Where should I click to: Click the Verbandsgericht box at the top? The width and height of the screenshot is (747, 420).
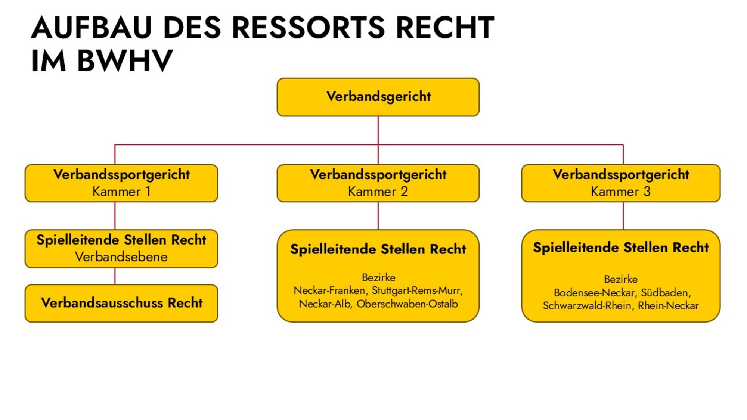[378, 97]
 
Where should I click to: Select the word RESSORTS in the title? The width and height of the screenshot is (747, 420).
[308, 28]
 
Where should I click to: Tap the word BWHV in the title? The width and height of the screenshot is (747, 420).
[125, 60]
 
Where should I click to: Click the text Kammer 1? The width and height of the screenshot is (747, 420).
[121, 192]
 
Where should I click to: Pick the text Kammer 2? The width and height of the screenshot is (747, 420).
[378, 192]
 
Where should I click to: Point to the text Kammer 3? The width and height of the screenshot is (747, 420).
[620, 192]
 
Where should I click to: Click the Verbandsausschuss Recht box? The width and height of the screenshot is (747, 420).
[121, 303]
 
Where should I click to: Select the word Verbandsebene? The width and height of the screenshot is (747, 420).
[121, 257]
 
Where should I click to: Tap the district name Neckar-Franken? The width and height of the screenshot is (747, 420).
[329, 290]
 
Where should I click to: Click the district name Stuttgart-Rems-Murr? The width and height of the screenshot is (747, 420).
[417, 290]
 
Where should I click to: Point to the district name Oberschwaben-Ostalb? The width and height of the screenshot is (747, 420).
[407, 304]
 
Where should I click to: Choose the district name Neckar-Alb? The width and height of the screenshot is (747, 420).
[325, 304]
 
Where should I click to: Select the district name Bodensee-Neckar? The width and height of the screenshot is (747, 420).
[596, 293]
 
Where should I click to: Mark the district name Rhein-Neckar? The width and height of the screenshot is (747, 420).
[668, 306]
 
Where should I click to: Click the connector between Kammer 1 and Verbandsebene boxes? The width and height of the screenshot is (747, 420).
[115, 216]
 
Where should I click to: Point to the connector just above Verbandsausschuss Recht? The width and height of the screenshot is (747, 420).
[115, 276]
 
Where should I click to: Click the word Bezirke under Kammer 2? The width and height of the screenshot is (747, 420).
[378, 277]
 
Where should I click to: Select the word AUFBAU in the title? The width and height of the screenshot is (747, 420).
[92, 28]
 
